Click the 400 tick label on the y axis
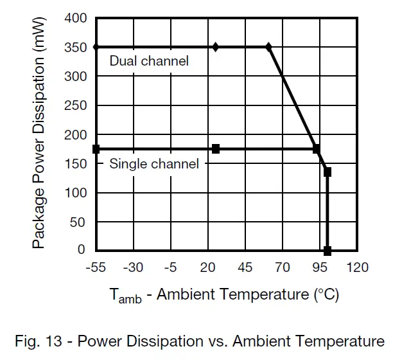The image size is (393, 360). coord(76,18)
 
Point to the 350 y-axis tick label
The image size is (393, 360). coord(76,48)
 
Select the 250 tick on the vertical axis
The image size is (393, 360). coord(76,105)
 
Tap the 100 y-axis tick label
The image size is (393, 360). coord(76,193)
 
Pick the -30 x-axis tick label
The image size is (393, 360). coord(133,267)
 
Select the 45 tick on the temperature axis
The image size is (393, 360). coord(245,267)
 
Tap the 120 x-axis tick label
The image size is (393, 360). coord(357,267)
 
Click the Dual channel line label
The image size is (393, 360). coord(149,61)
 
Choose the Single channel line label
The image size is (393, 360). coord(154,164)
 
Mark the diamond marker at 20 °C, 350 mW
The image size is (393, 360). coord(216,47)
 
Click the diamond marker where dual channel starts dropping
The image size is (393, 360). coord(268,47)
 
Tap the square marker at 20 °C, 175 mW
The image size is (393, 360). coord(216,149)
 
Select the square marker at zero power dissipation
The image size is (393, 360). coord(327,250)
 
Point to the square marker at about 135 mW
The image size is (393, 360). coord(327,172)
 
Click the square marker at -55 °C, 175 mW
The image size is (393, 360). coord(96,149)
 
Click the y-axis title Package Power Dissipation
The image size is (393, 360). coord(39,134)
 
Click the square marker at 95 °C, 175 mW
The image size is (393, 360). coord(317,149)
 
